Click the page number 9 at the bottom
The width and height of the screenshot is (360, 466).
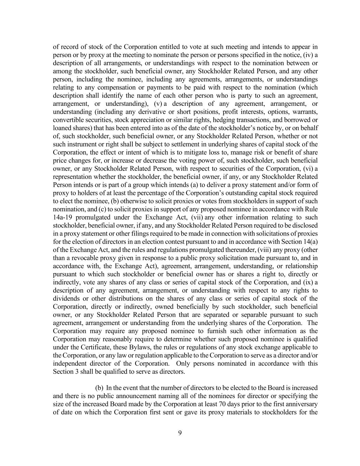[180, 433]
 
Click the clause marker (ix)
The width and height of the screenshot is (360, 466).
[309, 282]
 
